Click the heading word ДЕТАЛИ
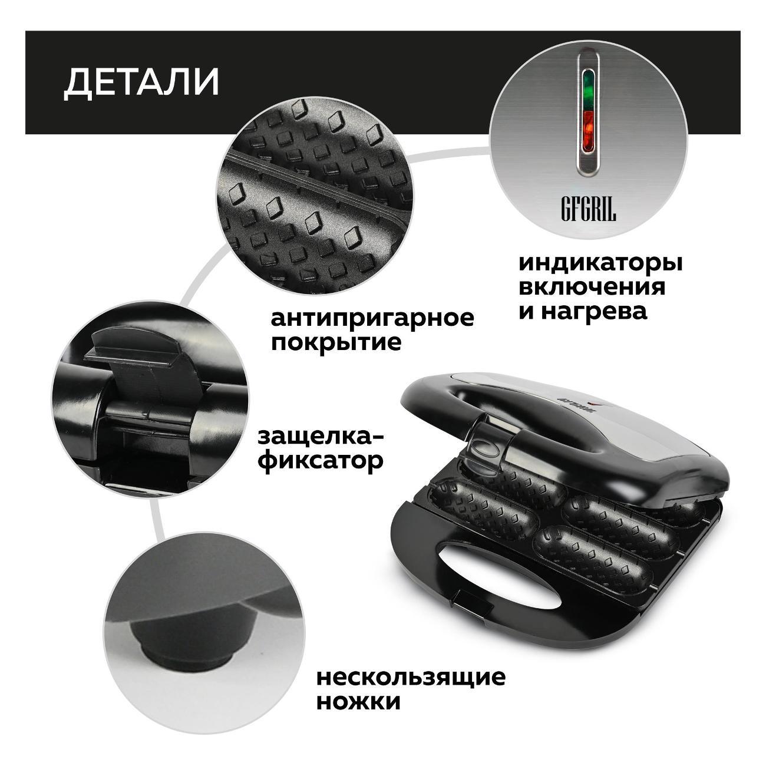click(141, 82)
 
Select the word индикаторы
click(600, 264)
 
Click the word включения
click(592, 288)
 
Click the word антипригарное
click(372, 319)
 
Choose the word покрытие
click(336, 343)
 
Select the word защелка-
click(321, 438)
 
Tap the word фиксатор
click(321, 462)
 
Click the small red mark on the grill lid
click(592, 405)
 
